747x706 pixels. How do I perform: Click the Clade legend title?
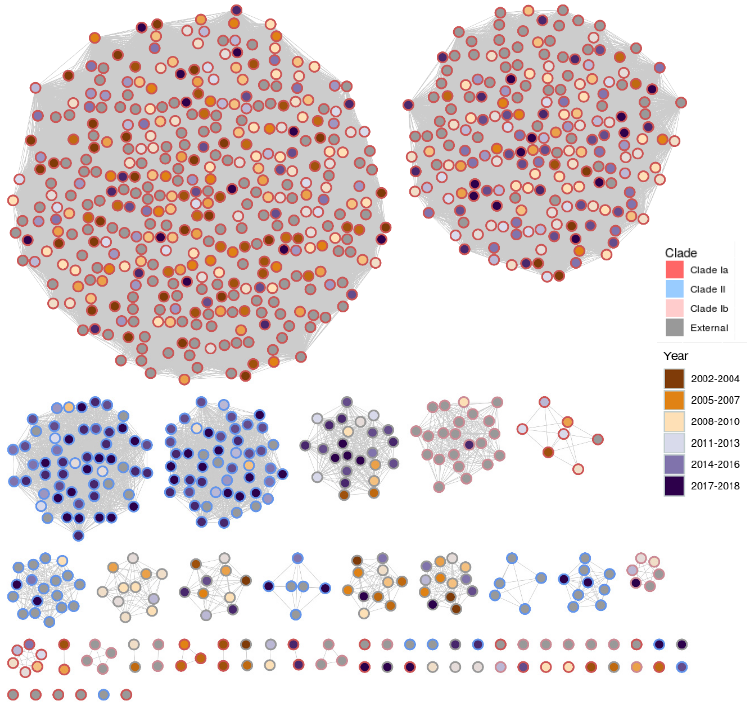[681, 253]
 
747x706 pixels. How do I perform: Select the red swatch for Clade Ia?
[674, 269]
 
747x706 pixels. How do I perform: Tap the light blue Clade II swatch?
[674, 289]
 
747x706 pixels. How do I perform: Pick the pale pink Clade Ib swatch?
[674, 308]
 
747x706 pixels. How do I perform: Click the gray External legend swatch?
[674, 327]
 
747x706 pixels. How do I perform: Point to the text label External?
[709, 328]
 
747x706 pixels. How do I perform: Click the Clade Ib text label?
[709, 309]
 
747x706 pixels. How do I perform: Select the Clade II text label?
[707, 289]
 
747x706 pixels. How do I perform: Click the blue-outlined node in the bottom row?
[103, 694]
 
